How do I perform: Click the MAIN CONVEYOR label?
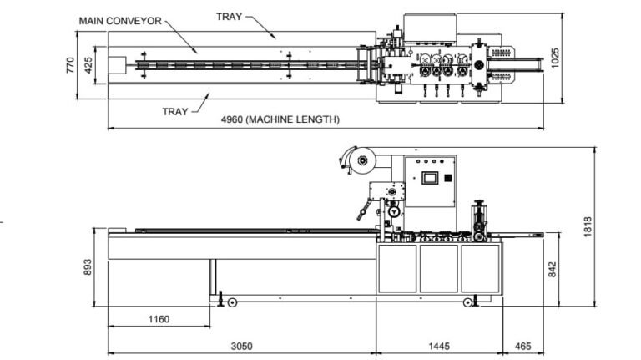click(120, 19)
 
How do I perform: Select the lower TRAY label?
click(175, 111)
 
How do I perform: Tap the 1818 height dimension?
click(588, 226)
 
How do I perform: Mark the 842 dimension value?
click(552, 269)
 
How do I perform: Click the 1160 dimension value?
click(159, 319)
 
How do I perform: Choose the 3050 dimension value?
click(241, 345)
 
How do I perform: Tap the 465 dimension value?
click(522, 345)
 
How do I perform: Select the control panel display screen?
click(431, 178)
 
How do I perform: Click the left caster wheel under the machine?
click(232, 302)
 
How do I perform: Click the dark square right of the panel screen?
click(451, 177)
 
